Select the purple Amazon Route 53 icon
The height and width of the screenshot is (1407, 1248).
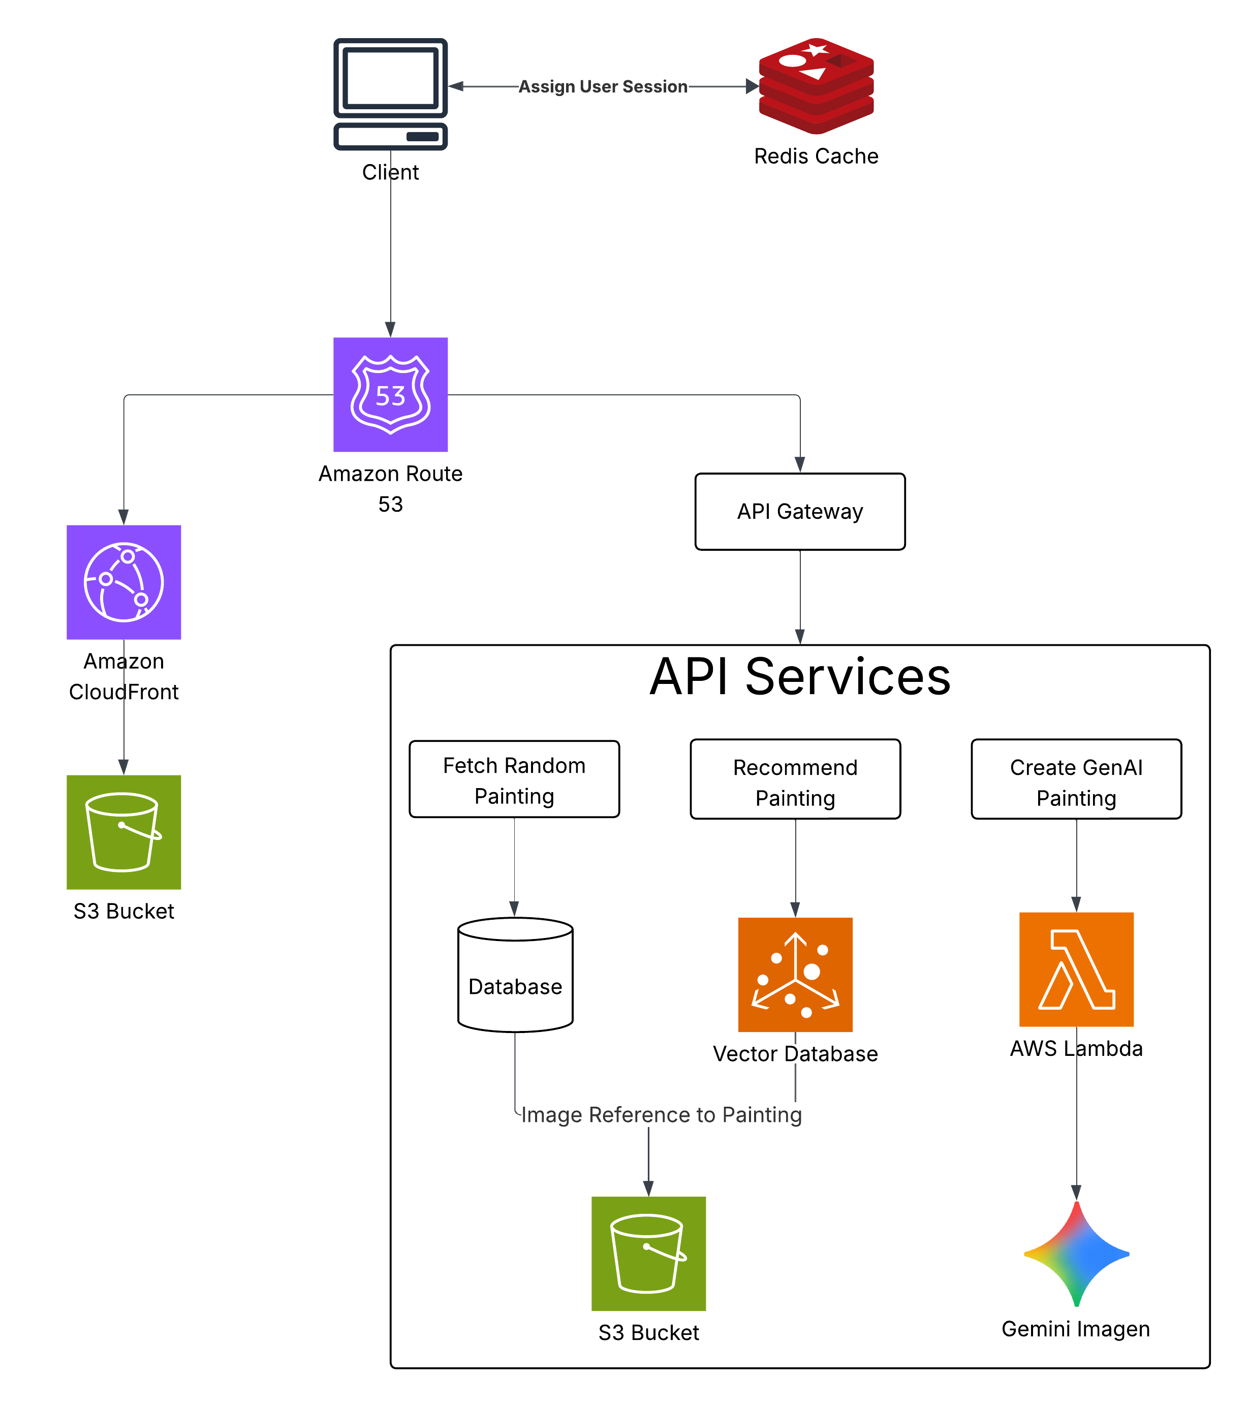[390, 394]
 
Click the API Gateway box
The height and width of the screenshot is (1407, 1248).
[799, 512]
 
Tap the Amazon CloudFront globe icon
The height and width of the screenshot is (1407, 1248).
[124, 582]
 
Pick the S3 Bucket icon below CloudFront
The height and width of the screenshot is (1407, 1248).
[124, 832]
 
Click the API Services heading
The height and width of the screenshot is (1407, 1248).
[799, 677]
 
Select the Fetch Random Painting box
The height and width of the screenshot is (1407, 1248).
[514, 779]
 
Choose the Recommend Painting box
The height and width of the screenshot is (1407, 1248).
[795, 779]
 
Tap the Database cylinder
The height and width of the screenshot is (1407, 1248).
[515, 975]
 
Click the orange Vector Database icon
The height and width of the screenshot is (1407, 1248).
[795, 975]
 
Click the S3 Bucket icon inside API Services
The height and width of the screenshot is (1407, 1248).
[648, 1254]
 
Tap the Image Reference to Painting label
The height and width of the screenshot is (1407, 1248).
[661, 1114]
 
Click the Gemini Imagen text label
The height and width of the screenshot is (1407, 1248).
[1075, 1329]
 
